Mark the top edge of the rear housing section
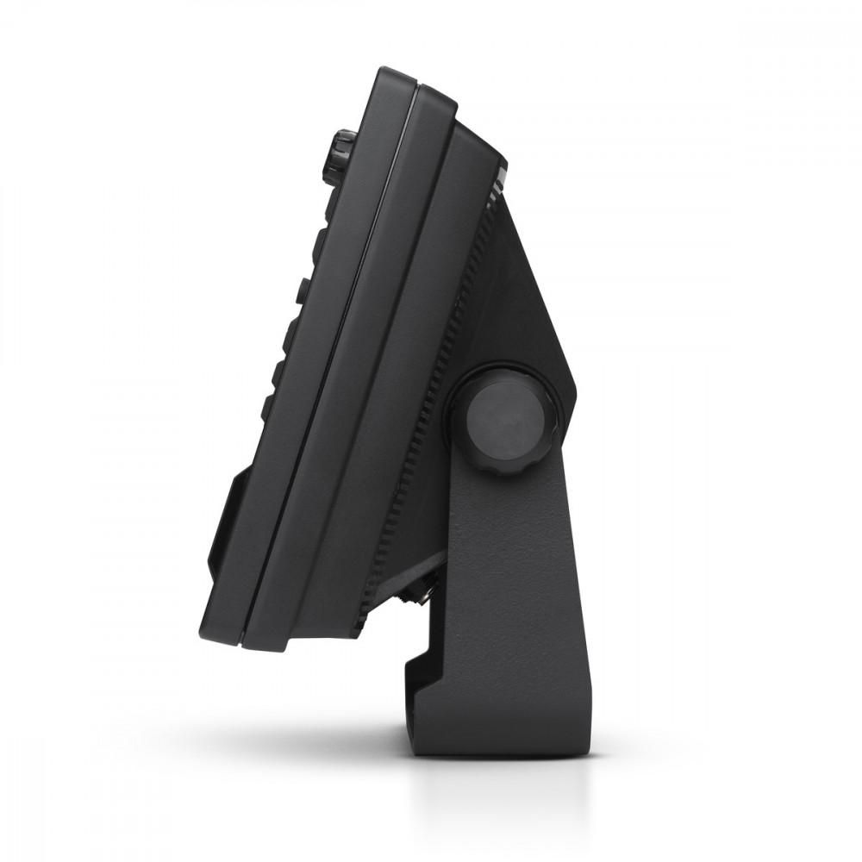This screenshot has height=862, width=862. (474, 129)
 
